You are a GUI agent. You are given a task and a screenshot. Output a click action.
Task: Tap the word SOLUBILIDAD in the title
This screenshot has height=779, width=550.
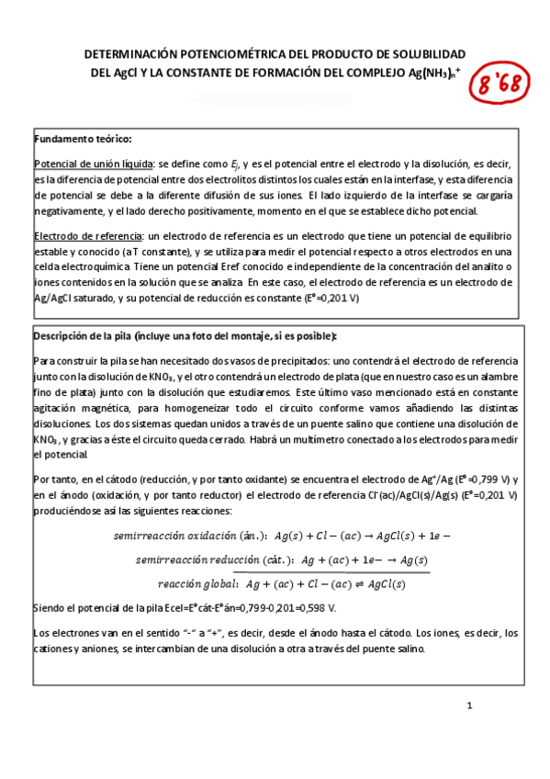(x=425, y=56)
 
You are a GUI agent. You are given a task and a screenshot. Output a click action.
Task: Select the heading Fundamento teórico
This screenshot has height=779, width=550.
(x=83, y=139)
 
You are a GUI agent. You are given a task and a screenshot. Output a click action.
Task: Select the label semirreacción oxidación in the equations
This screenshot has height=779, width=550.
(x=184, y=535)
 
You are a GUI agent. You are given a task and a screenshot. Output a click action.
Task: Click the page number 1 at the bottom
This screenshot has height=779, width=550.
(x=468, y=706)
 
